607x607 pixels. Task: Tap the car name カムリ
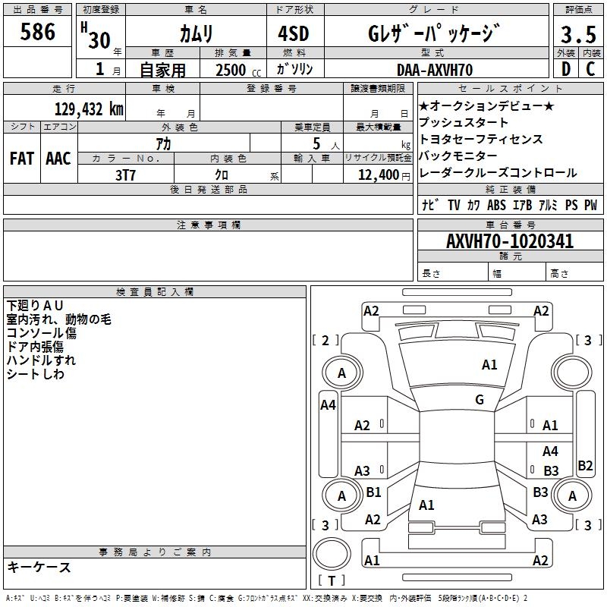click(x=197, y=34)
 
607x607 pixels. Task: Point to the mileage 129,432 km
click(x=89, y=109)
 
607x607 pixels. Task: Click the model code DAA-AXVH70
click(x=435, y=70)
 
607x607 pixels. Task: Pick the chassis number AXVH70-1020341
click(x=510, y=241)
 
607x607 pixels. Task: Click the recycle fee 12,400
click(x=377, y=175)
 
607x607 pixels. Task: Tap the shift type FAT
click(x=21, y=159)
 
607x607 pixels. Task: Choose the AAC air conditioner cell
click(x=58, y=159)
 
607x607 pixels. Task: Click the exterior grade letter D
click(x=565, y=69)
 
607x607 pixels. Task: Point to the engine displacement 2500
click(x=231, y=70)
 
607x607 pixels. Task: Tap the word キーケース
click(x=39, y=567)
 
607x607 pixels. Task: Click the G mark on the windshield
click(x=480, y=399)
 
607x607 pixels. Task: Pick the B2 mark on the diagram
click(x=585, y=466)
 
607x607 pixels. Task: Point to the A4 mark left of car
click(x=328, y=405)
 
